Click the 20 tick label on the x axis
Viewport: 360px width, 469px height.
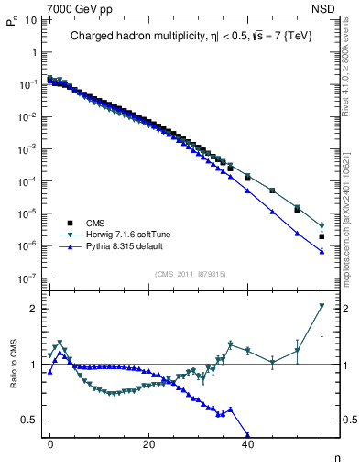pos(148,444)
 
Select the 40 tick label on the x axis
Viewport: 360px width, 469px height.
pos(247,444)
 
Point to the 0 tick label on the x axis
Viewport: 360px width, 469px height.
pos(50,444)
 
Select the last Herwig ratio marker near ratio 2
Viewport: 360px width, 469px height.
pos(322,307)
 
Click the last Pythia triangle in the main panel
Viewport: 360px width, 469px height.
pos(322,252)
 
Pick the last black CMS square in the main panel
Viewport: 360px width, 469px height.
pos(322,236)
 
